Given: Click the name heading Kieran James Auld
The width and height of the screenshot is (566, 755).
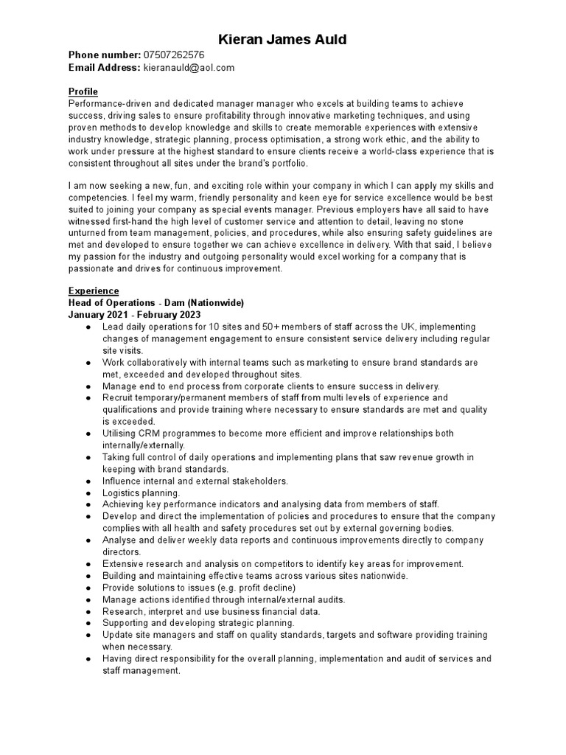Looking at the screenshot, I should point(283,39).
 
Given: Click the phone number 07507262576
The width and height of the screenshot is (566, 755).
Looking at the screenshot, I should point(174,55).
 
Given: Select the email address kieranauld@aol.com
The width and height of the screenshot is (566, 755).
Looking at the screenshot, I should point(189,67).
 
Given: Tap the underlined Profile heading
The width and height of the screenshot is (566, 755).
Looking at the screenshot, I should point(83,91).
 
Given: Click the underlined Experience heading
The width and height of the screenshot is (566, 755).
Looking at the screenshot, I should point(94,290).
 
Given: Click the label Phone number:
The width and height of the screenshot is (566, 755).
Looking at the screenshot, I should point(104,55).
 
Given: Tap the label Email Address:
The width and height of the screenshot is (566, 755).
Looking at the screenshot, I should point(104,67).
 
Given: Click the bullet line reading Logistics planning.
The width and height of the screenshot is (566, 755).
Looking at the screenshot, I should point(141,493).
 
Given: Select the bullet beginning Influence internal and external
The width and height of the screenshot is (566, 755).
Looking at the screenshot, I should point(195,481).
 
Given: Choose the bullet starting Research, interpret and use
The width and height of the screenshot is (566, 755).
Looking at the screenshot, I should point(212,611).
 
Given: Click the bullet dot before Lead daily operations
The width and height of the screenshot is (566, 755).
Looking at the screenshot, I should point(88,327).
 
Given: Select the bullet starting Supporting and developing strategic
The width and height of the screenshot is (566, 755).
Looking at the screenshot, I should point(198,623).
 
